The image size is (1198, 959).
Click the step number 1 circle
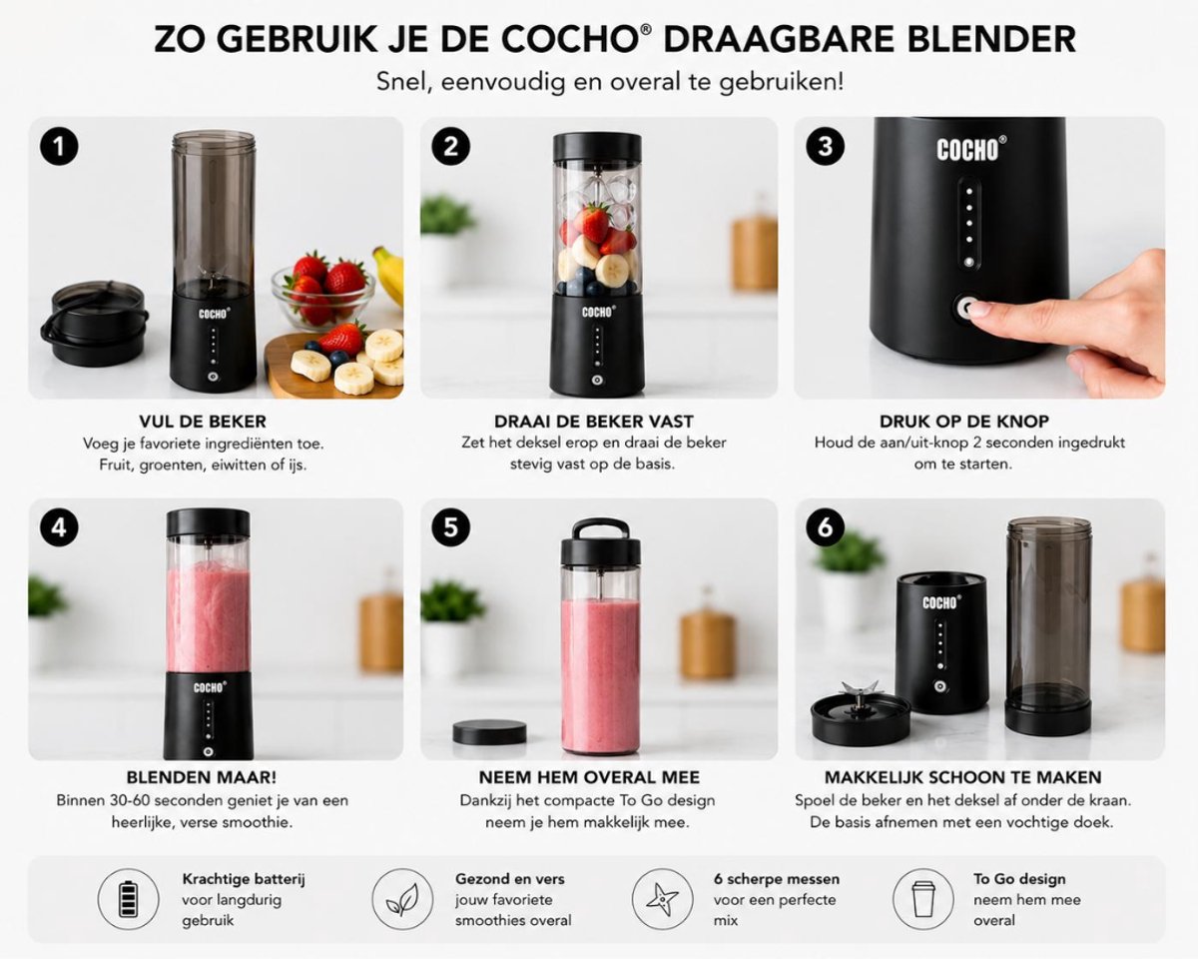tap(59, 147)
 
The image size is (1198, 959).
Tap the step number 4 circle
tap(59, 527)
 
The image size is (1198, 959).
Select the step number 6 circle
tap(825, 527)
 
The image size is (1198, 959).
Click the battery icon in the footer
tap(128, 899)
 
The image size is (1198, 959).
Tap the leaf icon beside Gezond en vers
tap(402, 899)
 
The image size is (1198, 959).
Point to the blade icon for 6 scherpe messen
tap(662, 899)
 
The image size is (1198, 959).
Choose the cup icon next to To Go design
tap(923, 899)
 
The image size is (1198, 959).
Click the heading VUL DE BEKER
tap(203, 422)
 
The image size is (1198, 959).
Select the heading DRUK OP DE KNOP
tap(964, 422)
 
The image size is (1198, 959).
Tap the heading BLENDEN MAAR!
tap(202, 777)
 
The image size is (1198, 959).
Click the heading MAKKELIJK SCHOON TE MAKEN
tap(963, 777)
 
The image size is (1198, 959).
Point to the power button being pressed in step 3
tap(967, 308)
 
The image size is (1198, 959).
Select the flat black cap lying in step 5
tap(489, 732)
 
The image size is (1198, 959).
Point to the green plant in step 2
tap(447, 214)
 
